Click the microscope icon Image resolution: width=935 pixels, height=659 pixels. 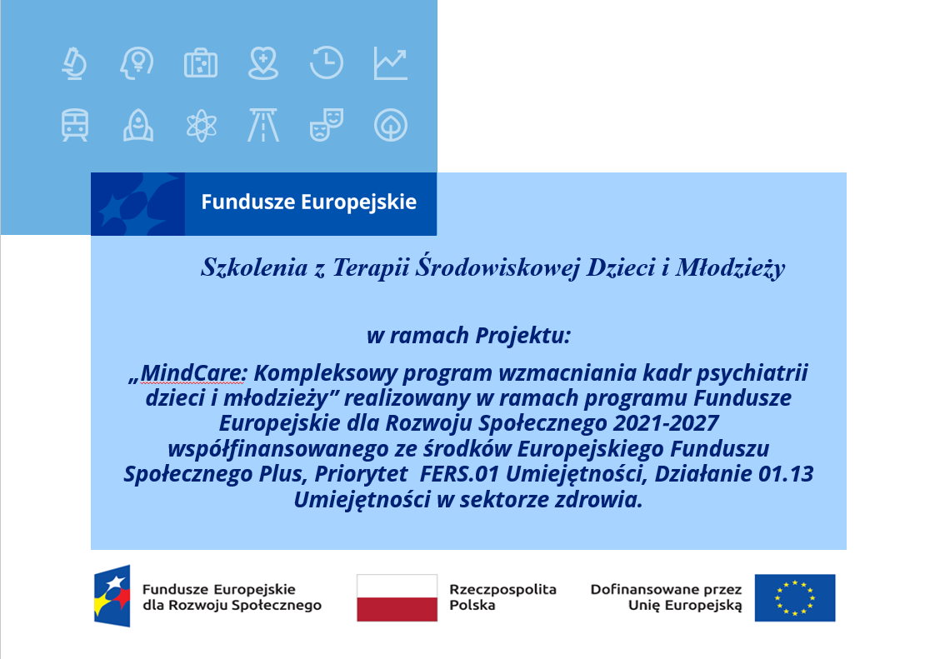[74, 63]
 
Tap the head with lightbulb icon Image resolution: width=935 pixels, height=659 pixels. [137, 63]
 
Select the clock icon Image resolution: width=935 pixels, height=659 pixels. [326, 62]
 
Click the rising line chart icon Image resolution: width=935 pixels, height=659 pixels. [391, 63]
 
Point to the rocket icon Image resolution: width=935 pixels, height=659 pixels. [138, 125]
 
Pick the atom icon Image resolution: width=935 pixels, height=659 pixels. [202, 125]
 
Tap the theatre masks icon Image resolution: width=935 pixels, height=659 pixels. [326, 125]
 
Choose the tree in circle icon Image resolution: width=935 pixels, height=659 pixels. [391, 125]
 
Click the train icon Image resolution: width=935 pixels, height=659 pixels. [74, 125]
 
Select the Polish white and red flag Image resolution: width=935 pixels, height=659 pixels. [397, 597]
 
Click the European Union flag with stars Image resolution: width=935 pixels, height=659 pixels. [795, 597]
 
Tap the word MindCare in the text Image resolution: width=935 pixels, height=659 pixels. [191, 373]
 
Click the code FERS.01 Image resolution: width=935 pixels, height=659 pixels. [459, 473]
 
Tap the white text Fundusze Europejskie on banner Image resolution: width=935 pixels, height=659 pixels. [309, 202]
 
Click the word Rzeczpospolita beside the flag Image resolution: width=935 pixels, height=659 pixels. [502, 589]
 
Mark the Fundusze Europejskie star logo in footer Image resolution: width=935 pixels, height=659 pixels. [112, 596]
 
